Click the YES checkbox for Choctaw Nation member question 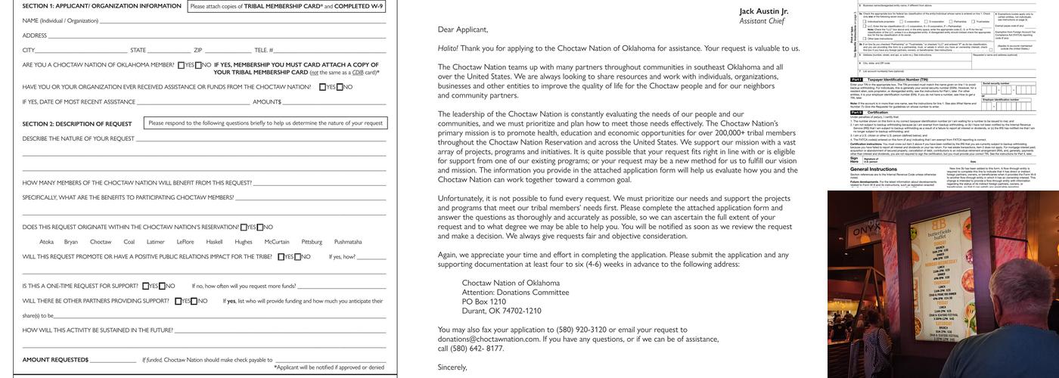coord(182,65)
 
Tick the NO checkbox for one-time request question coord(163,286)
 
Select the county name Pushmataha coord(348,242)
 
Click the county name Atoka coord(46,242)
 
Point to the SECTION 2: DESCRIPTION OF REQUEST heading coord(77,123)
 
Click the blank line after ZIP coord(227,50)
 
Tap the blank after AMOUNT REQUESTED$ coord(113,360)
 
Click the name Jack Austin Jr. coord(763,11)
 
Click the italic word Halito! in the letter coord(448,48)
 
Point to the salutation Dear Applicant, coord(463,29)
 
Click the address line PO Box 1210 coord(484,302)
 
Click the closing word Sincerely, coord(452,367)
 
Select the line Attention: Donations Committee coord(515,292)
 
